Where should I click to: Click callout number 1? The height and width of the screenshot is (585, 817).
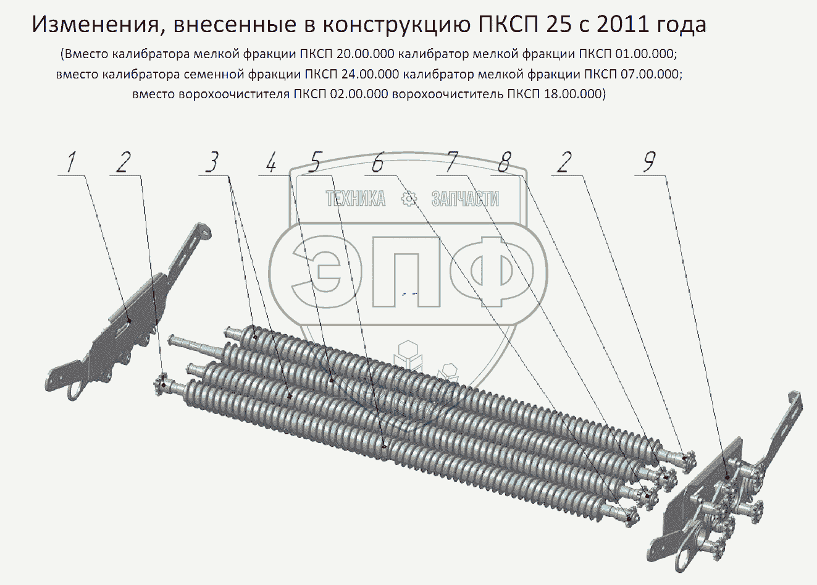pyautogui.click(x=71, y=162)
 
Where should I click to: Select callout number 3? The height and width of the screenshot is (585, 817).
pyautogui.click(x=212, y=162)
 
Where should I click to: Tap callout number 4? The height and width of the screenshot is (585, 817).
pyautogui.click(x=271, y=162)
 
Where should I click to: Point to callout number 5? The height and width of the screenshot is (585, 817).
pyautogui.click(x=314, y=162)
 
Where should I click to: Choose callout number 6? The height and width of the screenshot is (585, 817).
pyautogui.click(x=378, y=162)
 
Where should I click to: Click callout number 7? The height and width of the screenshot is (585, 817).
pyautogui.click(x=450, y=162)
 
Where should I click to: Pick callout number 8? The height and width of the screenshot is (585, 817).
pyautogui.click(x=504, y=162)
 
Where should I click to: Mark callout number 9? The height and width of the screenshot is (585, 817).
pyautogui.click(x=649, y=162)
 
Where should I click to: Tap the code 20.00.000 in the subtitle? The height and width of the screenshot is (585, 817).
pyautogui.click(x=366, y=54)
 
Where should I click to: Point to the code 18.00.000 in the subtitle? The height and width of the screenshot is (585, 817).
pyautogui.click(x=573, y=94)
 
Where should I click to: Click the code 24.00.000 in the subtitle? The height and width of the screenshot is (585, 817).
pyautogui.click(x=370, y=74)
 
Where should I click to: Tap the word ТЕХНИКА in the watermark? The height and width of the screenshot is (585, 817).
pyautogui.click(x=356, y=199)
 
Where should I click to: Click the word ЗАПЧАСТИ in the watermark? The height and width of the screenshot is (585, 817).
pyautogui.click(x=465, y=199)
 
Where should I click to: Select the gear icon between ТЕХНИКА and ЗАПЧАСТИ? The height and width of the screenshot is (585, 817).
pyautogui.click(x=409, y=199)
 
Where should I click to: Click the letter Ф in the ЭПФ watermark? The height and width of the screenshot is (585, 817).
pyautogui.click(x=492, y=271)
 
